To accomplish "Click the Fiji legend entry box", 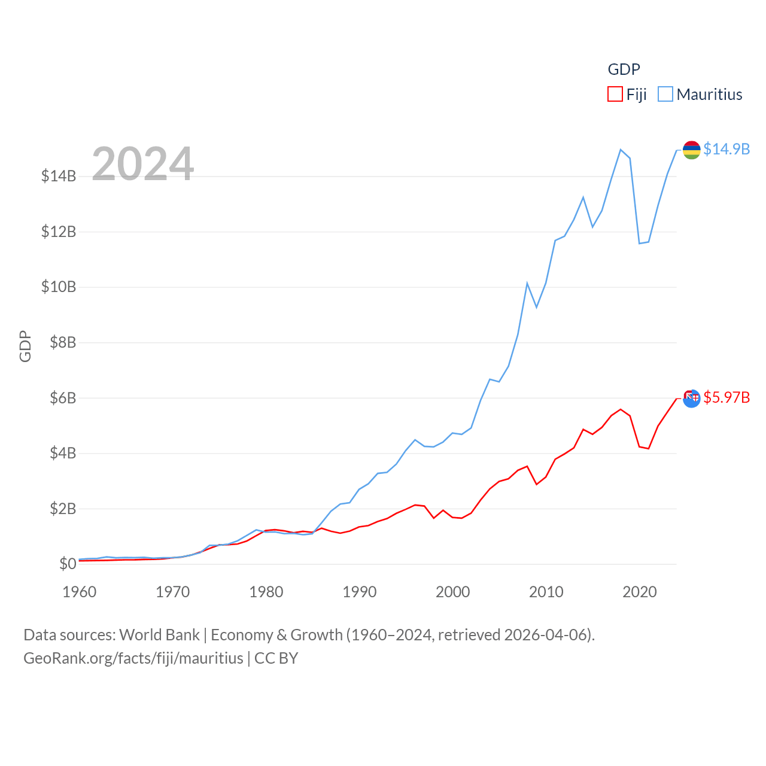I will (615, 95).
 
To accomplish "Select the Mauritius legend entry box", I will (665, 95).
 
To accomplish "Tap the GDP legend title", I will (624, 69).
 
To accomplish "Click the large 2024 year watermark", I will (142, 163).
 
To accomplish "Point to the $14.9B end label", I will (727, 149).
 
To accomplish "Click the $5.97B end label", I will (727, 397).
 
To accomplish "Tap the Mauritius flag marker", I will (692, 150).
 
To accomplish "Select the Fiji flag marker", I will (692, 399).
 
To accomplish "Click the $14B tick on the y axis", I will (59, 176).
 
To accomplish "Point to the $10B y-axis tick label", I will (59, 287).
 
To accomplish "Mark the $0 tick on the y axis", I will (68, 564).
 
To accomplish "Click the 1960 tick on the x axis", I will (80, 592).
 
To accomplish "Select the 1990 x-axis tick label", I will (360, 592).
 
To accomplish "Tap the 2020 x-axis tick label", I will (640, 592).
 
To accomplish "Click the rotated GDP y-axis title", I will (25, 346).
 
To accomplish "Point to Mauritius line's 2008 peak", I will (527, 283).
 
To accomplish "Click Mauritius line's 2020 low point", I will (639, 243).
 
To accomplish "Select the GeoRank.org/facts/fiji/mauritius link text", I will (133, 658).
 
